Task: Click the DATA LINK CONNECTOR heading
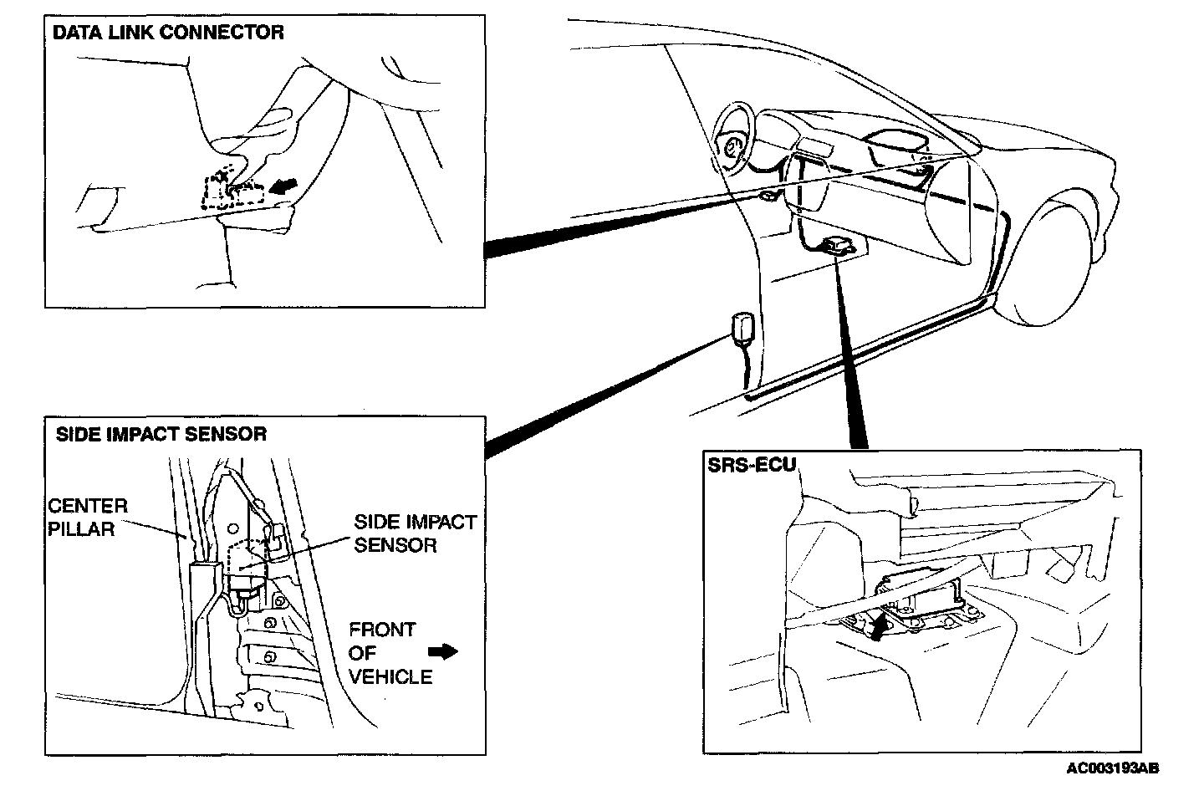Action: click(168, 33)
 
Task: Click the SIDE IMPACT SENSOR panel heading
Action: click(161, 434)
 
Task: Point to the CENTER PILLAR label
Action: click(87, 517)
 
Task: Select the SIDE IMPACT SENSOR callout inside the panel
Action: click(415, 533)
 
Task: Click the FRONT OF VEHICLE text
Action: click(390, 653)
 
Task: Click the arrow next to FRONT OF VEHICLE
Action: click(443, 651)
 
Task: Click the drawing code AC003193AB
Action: click(1113, 768)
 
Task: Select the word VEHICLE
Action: click(390, 676)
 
